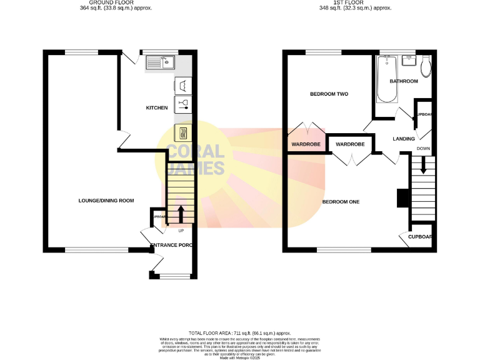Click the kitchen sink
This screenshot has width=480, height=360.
[x=161, y=62]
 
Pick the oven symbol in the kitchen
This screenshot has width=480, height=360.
[x=183, y=132]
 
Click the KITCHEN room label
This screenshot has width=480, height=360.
[x=157, y=108]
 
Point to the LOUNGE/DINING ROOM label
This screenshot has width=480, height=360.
[x=106, y=201]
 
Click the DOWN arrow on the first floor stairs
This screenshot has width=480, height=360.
[x=423, y=165]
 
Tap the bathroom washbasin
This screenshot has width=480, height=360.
[x=409, y=60]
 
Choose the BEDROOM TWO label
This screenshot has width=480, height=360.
[x=329, y=94]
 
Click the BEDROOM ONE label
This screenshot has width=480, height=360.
[x=341, y=202]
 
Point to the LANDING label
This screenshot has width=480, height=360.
[x=404, y=138]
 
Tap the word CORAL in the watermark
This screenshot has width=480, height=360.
[x=194, y=152]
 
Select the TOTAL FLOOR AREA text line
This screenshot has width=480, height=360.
[x=239, y=334]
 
